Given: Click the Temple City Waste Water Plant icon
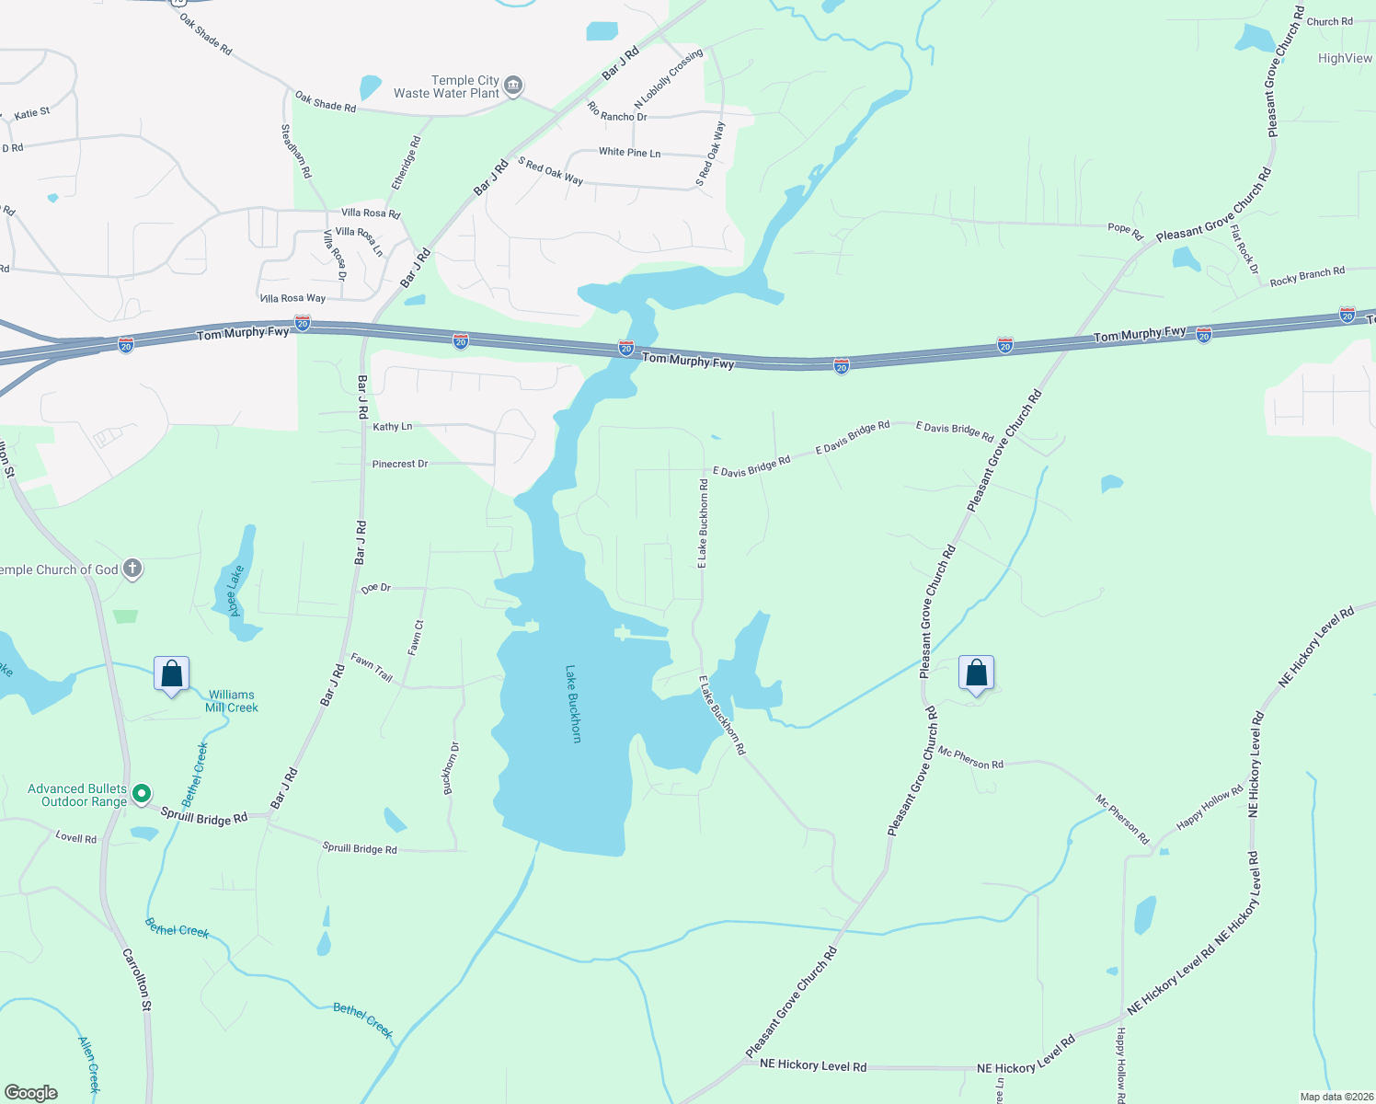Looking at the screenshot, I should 513,86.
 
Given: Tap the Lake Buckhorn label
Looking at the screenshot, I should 573,704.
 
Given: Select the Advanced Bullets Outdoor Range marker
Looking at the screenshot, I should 141,793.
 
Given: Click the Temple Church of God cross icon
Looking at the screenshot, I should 132,569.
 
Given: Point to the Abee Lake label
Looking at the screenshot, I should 235,591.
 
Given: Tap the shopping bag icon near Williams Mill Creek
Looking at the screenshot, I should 172,674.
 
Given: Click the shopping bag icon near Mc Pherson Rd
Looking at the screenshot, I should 976,673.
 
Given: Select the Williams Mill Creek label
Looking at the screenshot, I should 232,701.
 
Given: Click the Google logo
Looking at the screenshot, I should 31,1092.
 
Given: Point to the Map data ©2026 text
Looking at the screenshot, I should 1336,1097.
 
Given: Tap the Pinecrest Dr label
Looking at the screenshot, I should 400,464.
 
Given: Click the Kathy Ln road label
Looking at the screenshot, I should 393,427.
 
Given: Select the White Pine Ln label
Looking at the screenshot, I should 629,152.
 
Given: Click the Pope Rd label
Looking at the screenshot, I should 1125,229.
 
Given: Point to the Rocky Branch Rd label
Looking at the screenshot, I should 1307,276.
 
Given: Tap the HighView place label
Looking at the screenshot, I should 1345,58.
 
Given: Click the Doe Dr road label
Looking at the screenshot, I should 376,588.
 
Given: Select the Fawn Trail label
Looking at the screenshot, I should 372,667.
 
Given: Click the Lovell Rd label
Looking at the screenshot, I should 76,837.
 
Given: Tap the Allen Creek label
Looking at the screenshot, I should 89,1064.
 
